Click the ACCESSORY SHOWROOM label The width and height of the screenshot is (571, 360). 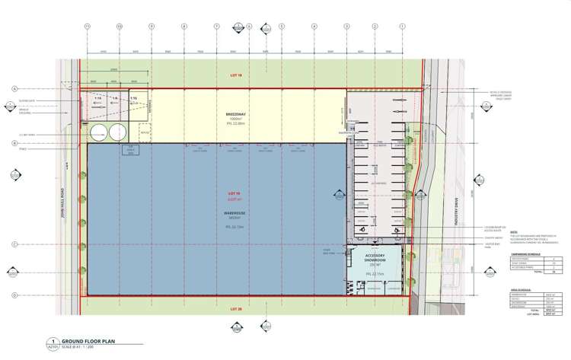(x=380, y=256)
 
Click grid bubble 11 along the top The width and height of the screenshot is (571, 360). (x=88, y=27)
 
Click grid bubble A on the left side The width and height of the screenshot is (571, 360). (x=14, y=89)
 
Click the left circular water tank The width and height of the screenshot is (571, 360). (x=99, y=134)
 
